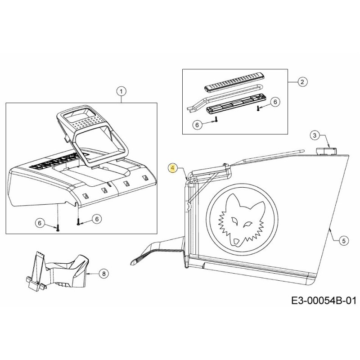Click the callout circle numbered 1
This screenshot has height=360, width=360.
(x=120, y=92)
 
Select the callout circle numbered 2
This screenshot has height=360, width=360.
(x=302, y=81)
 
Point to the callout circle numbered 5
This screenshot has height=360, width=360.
(x=343, y=241)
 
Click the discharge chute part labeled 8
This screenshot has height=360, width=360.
(x=58, y=271)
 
